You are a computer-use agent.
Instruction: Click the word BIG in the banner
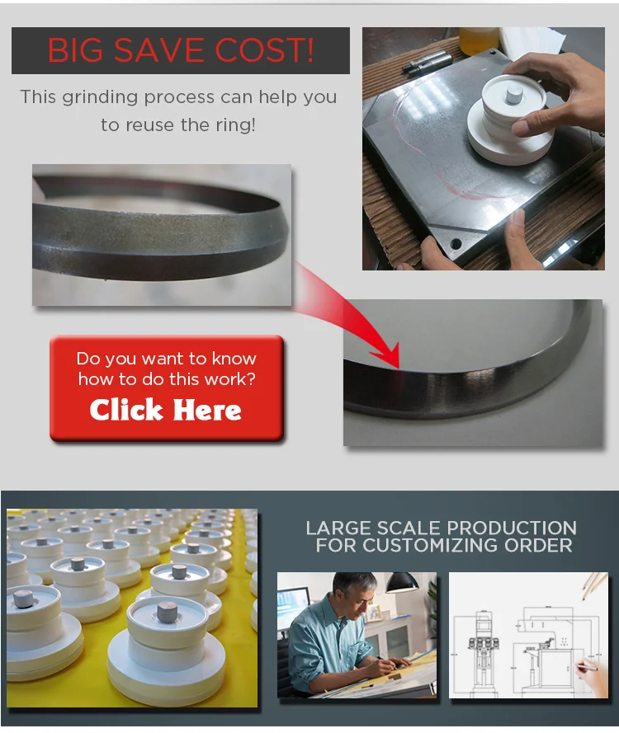click(x=76, y=51)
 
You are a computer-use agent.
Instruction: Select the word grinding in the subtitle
click(x=99, y=96)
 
